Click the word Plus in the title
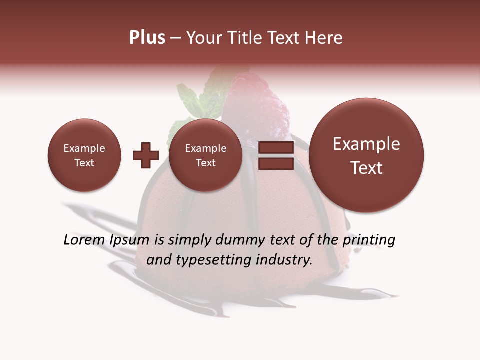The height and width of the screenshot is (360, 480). tap(147, 38)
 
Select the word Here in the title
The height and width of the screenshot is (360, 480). tap(324, 38)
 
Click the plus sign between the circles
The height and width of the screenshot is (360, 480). tap(145, 155)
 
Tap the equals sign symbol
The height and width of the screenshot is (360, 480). tap(276, 155)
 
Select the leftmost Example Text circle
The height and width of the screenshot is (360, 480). tap(84, 155)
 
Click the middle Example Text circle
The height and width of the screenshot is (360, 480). tap(205, 155)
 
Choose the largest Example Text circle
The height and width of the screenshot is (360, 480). tap(366, 155)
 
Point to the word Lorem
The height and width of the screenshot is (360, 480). tap(85, 240)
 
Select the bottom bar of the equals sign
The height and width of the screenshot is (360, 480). tap(276, 163)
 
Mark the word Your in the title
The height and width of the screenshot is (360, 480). tap(203, 38)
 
